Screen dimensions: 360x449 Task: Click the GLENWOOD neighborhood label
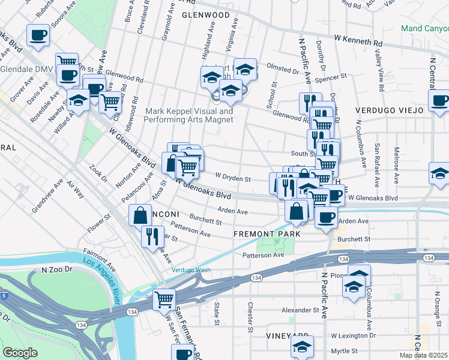[206, 14]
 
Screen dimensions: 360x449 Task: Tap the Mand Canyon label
[424, 27]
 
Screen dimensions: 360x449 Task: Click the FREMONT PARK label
[267, 233]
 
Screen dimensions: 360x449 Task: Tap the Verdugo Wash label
[191, 270]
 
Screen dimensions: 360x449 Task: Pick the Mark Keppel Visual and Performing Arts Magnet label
[188, 115]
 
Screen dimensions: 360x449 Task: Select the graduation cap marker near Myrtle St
[302, 346]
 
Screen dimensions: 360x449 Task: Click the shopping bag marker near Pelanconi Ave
[140, 214]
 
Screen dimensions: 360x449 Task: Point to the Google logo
[20, 353]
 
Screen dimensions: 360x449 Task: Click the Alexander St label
[298, 310]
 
